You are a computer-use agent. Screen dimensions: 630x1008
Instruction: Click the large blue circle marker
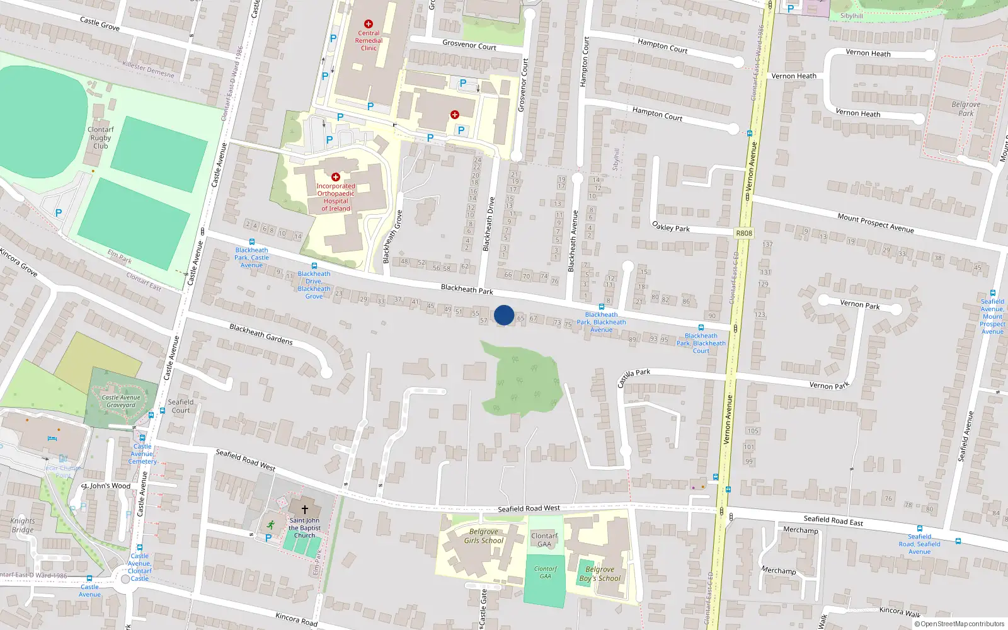[504, 315]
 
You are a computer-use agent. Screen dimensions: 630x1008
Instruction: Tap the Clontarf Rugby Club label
[101, 137]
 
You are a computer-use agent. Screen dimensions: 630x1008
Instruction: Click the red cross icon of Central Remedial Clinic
[369, 24]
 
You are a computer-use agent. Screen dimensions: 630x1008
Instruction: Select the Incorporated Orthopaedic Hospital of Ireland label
[336, 197]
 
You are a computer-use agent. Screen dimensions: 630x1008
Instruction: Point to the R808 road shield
[744, 233]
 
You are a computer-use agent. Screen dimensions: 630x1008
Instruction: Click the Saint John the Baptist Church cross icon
[305, 509]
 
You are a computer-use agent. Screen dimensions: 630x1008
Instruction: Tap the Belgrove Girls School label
[484, 536]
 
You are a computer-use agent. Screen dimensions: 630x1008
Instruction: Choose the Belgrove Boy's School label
[600, 574]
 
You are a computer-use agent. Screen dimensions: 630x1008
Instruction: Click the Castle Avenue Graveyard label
[121, 401]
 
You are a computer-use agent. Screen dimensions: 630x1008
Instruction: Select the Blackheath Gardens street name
[261, 334]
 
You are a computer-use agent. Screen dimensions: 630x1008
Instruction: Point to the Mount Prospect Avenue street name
[875, 223]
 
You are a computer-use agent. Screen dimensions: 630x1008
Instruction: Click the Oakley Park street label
[671, 226]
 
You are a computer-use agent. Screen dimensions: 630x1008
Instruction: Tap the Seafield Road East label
[833, 520]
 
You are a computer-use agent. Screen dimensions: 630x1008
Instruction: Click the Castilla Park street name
[634, 377]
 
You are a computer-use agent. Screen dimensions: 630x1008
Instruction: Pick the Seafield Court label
[181, 406]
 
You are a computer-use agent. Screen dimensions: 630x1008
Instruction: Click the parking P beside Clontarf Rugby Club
[59, 213]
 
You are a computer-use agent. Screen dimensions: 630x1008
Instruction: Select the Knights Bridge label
[23, 525]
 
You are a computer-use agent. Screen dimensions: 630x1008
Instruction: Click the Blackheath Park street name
[467, 289]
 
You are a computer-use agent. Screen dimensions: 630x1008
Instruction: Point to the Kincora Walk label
[900, 612]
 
